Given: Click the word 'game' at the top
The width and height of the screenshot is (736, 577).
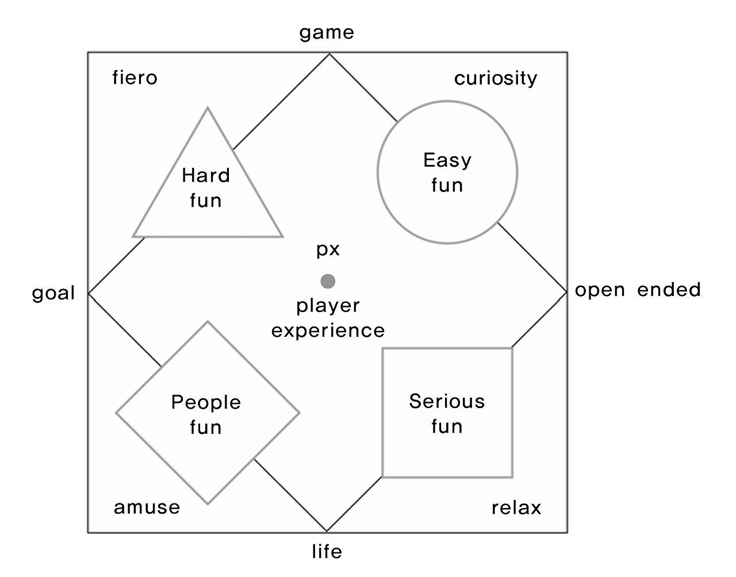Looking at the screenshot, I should (327, 33).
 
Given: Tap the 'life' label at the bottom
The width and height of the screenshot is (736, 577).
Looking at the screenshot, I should (327, 552).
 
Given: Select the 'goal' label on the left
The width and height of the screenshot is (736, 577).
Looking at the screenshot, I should (53, 293).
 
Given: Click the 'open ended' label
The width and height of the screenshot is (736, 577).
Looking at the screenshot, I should (638, 289).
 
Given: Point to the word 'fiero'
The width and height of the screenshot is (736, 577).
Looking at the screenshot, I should (135, 78).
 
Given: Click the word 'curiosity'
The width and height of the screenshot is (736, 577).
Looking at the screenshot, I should (496, 78).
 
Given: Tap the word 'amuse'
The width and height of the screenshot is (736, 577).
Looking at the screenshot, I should (147, 507).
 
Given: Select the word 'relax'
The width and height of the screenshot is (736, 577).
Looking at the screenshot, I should (516, 508).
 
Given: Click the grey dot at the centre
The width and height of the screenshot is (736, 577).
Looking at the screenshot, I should (328, 281).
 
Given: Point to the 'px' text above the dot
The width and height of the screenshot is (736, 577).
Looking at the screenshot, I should (328, 249).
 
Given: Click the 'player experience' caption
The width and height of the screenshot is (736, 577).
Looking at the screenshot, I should (328, 318).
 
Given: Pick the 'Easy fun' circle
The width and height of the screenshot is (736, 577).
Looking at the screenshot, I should (447, 172).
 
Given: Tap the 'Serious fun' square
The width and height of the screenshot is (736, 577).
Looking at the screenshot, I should (447, 413).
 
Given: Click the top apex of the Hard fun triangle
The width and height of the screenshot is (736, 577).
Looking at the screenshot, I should (208, 109).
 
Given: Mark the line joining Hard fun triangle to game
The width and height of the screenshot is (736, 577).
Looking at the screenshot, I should (281, 102).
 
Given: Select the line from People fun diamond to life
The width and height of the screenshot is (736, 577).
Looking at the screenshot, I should (290, 495).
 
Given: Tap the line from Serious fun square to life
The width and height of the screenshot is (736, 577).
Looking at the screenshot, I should (354, 504).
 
